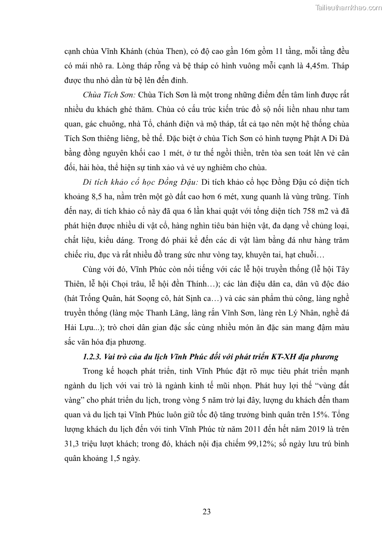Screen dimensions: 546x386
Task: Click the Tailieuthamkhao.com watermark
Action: (349, 7)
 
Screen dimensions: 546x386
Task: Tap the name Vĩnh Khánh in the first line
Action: (116, 52)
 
